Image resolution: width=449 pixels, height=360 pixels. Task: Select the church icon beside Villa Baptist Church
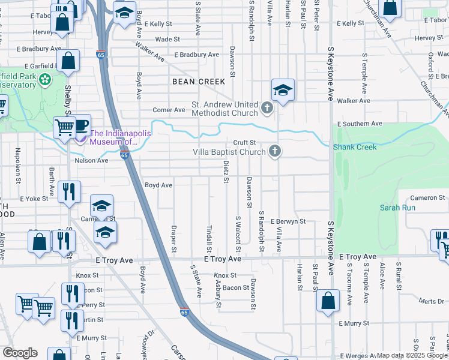(275, 151)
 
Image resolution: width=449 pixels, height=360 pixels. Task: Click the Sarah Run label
(397, 208)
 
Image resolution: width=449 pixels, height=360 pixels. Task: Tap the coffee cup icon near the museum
(81, 124)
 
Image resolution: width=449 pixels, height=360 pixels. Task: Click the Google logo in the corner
(20, 353)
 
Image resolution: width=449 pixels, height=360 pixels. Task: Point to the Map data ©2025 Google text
(412, 355)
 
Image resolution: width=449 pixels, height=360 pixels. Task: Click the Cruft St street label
(245, 142)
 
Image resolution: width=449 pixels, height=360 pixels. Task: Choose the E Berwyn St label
(288, 221)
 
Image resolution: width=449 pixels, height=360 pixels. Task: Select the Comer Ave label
(169, 110)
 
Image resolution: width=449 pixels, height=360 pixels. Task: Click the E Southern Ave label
(360, 124)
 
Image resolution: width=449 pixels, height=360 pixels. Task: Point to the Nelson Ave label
(91, 160)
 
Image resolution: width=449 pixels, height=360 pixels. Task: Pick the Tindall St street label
(209, 239)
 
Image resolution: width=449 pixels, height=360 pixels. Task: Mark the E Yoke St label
(32, 198)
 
